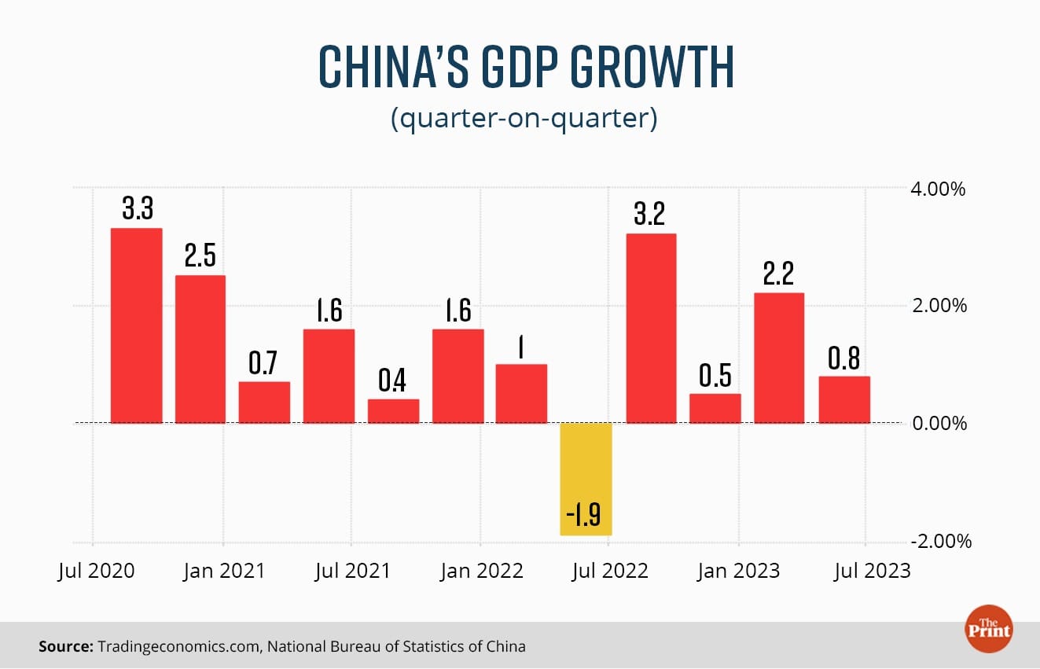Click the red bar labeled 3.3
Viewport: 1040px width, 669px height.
tap(136, 325)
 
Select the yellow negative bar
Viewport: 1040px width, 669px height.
tap(586, 479)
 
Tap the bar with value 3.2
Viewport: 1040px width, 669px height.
tap(650, 329)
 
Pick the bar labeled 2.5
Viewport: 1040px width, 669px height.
tap(200, 349)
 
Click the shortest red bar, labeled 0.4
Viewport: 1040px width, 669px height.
tap(393, 411)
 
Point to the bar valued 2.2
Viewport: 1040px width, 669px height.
tap(779, 358)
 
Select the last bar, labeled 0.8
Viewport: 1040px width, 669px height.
tap(843, 399)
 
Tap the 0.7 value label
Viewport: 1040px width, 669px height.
tap(264, 363)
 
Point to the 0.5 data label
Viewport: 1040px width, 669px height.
tap(715, 377)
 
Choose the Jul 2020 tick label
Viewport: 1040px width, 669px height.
tap(97, 571)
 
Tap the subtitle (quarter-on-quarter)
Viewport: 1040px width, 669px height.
tap(523, 119)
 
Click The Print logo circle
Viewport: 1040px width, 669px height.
tap(989, 628)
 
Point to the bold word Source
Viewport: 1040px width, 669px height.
tap(64, 647)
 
